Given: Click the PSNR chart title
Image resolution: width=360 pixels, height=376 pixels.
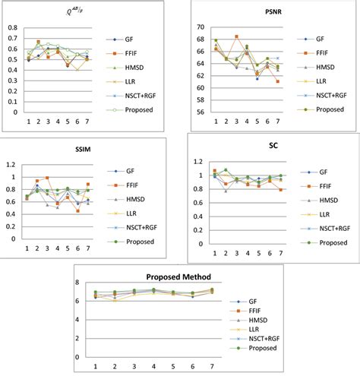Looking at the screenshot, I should [273, 12].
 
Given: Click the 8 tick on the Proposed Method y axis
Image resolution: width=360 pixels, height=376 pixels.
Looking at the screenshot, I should [85, 283].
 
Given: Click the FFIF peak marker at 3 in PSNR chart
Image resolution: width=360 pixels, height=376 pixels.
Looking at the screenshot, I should [236, 36].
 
